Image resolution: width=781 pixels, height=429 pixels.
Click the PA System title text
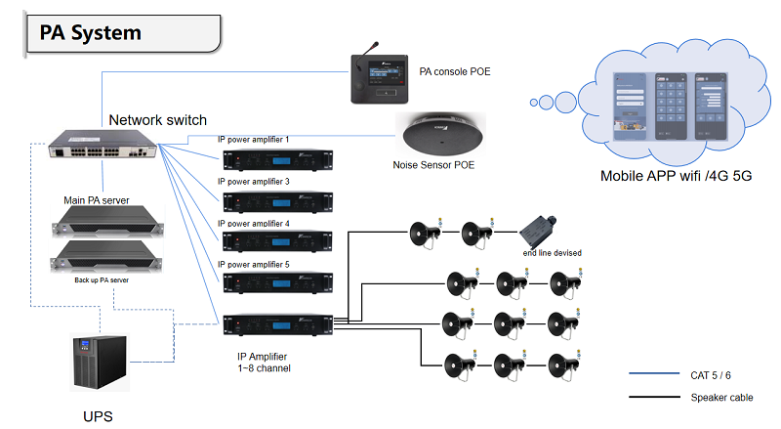(90, 32)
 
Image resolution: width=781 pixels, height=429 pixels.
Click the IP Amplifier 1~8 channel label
(265, 361)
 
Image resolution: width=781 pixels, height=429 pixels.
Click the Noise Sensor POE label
(433, 165)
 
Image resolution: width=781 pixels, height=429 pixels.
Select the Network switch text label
(157, 120)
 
